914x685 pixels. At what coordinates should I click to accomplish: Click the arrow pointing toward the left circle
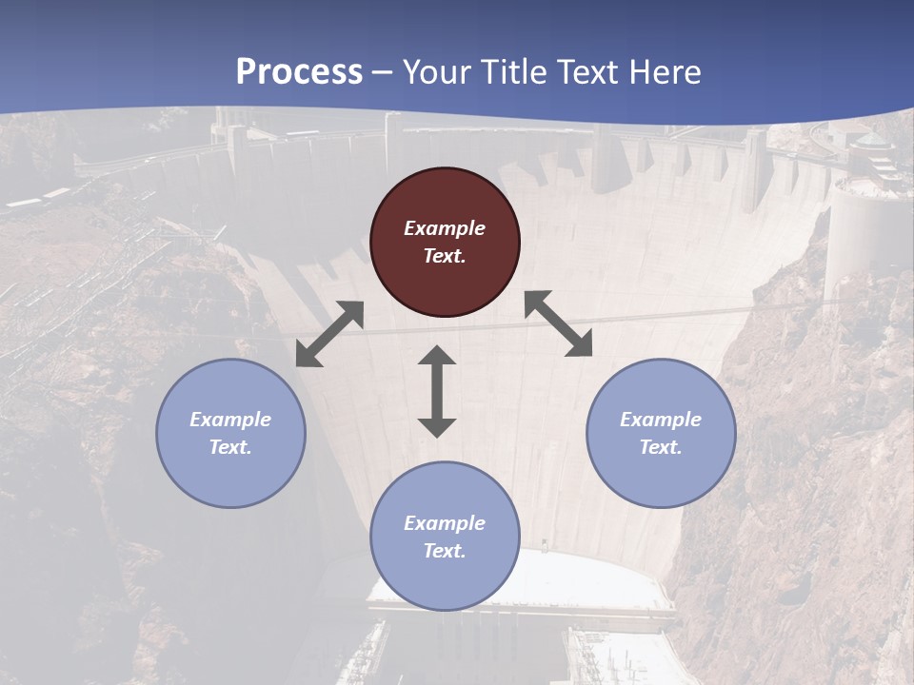[329, 334]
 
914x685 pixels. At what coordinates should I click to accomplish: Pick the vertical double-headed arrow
[437, 391]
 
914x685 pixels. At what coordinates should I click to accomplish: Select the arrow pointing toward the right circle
[559, 323]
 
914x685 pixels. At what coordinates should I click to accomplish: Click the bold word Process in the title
[299, 71]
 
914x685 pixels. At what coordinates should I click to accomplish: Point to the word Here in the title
[666, 71]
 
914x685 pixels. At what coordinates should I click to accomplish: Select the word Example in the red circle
[445, 228]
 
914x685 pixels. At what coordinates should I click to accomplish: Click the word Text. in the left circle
[230, 447]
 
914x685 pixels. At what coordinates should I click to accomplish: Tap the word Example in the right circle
[661, 420]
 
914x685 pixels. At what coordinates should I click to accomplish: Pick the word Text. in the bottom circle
[445, 551]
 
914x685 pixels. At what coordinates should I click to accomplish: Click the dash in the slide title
[383, 72]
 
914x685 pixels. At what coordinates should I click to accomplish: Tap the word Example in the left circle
[230, 420]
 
